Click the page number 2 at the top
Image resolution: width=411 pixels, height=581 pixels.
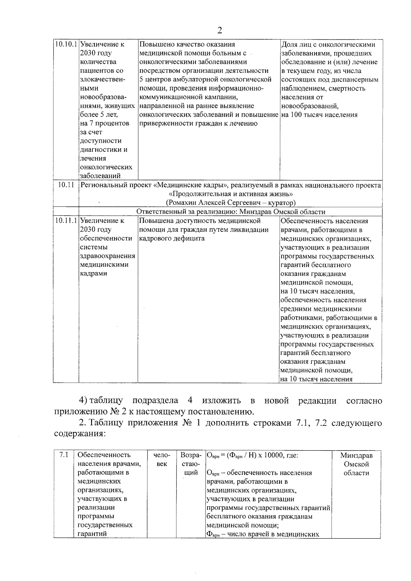(x=220, y=30)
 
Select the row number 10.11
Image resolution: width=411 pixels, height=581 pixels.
(x=66, y=185)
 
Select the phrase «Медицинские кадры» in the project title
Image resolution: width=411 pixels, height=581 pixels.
(x=190, y=186)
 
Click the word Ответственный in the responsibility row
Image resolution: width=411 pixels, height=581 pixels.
(x=159, y=212)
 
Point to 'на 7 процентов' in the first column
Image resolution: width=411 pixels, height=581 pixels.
(x=104, y=123)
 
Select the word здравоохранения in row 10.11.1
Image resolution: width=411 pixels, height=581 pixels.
(x=107, y=256)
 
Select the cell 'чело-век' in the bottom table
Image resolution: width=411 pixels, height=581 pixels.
(x=161, y=459)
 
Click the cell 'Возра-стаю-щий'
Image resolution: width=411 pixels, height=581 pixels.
(x=190, y=464)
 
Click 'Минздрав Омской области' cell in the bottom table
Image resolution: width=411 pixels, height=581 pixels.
(x=356, y=464)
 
